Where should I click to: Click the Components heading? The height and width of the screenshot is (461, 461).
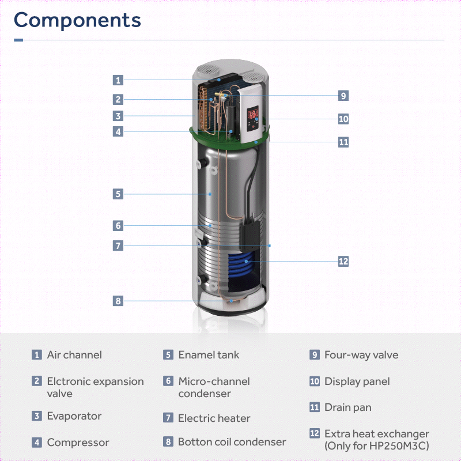77,20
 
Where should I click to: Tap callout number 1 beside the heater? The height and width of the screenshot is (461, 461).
118,80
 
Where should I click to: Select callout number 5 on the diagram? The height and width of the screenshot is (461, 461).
118,194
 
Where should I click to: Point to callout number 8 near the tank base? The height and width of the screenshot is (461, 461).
118,301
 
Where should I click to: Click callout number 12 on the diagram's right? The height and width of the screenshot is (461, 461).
343,261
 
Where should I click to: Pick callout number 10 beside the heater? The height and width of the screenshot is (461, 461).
343,119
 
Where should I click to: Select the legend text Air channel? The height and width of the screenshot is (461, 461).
74,355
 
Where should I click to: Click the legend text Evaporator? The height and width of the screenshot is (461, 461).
74,416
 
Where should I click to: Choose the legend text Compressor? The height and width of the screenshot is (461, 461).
78,443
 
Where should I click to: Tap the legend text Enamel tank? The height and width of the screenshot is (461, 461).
209,355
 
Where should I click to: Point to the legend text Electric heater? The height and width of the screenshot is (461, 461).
214,418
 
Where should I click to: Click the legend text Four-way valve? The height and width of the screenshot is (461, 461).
361,355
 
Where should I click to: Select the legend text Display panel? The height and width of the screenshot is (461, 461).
357,381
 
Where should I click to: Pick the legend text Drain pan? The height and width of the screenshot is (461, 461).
348,407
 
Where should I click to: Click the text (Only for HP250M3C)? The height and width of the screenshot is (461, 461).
377,445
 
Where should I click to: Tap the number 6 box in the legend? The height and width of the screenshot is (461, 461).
168,381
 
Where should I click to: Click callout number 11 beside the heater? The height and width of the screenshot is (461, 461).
343,142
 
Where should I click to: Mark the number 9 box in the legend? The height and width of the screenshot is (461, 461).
315,355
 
